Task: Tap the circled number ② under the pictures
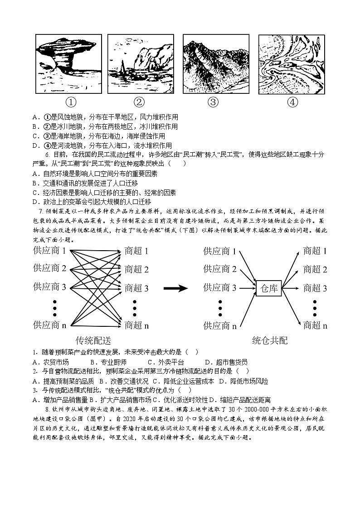140,102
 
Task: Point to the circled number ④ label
292,102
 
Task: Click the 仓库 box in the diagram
269,287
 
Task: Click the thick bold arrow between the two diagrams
175,288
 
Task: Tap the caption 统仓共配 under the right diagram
270,340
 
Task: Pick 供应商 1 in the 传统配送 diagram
50,251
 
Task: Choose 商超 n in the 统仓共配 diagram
315,325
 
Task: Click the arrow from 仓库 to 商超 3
291,287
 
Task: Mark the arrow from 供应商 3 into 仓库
247,287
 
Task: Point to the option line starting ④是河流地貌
105,145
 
